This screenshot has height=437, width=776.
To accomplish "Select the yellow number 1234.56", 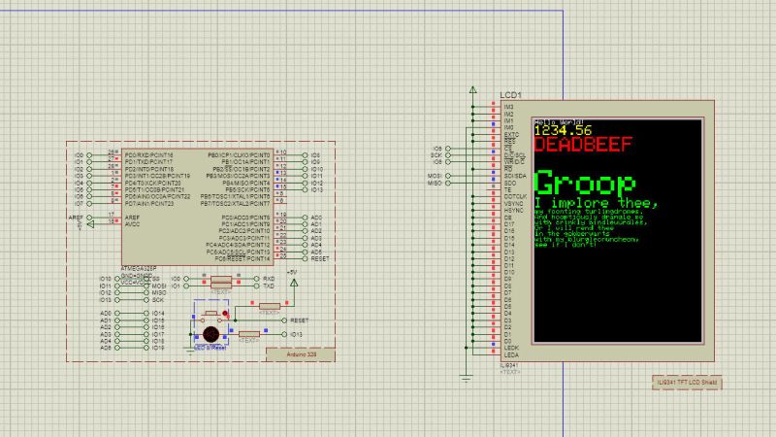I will [563, 130].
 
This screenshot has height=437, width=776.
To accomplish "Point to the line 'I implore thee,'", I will [582, 202].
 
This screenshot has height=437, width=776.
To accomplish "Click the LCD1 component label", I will [511, 95].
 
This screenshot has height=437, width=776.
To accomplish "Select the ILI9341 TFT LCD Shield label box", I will [687, 384].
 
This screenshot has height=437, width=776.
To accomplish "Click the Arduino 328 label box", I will [300, 355].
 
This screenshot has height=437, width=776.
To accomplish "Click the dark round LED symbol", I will [209, 328].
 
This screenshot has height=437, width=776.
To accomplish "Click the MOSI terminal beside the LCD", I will [435, 176].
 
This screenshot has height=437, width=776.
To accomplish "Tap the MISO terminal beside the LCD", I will [435, 183].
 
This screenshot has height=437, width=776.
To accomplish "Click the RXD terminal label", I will [269, 279].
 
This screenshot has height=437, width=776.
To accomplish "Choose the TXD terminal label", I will [269, 286].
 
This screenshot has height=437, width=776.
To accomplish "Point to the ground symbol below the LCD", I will [465, 374].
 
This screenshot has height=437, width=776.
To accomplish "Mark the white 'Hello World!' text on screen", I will [555, 120].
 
